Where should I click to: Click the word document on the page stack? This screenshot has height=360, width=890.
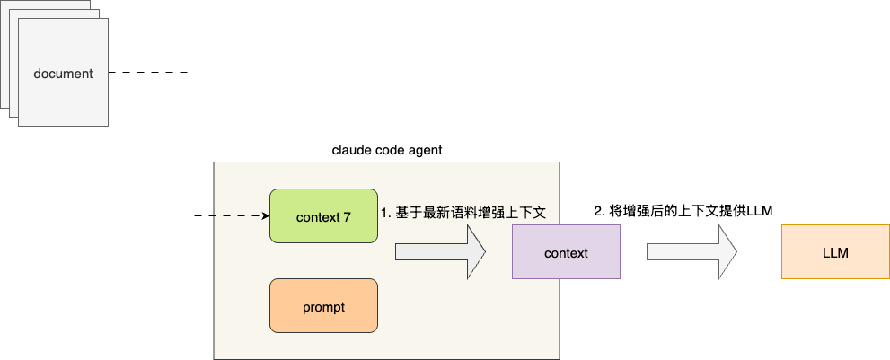(63, 74)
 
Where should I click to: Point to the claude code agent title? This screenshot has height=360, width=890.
(386, 149)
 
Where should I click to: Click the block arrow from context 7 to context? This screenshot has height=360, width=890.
(440, 252)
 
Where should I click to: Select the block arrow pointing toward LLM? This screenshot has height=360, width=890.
(692, 252)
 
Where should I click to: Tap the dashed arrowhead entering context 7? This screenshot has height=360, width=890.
(266, 215)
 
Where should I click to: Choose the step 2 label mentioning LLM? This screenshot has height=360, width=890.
(683, 210)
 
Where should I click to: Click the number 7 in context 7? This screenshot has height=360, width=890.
(347, 216)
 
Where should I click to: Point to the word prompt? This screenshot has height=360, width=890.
(323, 306)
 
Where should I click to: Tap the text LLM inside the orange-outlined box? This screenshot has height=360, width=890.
(835, 252)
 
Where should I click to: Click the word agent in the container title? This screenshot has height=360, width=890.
(424, 149)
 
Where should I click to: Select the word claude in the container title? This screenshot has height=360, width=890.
(350, 149)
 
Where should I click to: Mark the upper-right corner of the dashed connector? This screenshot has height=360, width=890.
(189, 74)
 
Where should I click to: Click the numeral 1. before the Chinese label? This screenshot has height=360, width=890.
(386, 213)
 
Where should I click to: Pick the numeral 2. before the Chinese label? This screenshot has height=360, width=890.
(599, 210)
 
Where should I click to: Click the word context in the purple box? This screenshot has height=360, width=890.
(566, 252)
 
